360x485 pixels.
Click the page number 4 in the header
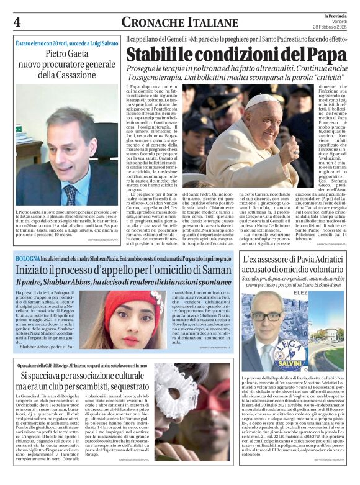(17, 22)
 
